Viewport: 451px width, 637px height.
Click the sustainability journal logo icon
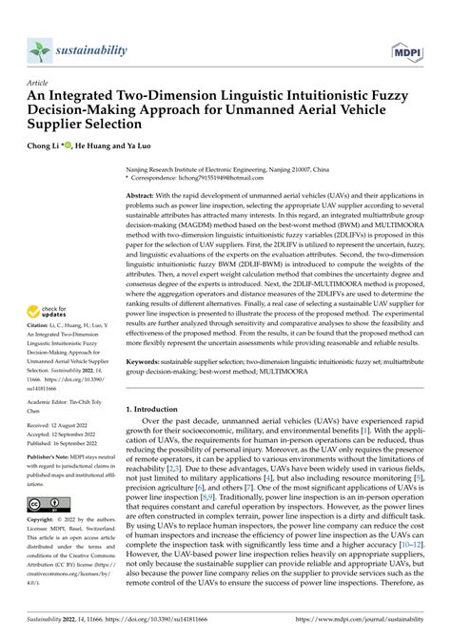(x=39, y=48)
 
